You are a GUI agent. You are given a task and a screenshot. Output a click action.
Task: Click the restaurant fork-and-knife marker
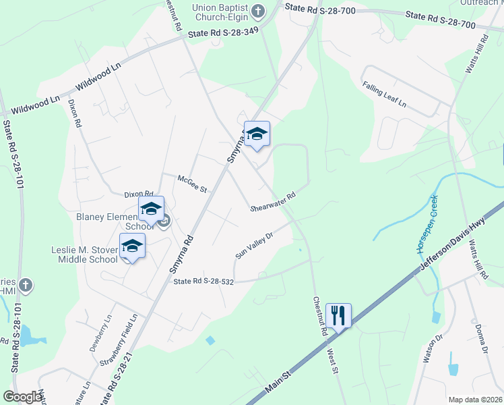pyautogui.click(x=338, y=315)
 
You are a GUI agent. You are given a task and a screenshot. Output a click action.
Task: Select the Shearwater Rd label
pyautogui.click(x=273, y=202)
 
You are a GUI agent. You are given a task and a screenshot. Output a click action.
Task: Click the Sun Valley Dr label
pyautogui.click(x=254, y=245)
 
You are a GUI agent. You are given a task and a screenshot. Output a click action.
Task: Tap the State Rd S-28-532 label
pyautogui.click(x=203, y=281)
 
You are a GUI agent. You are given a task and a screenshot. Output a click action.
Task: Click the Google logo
pyautogui.click(x=22, y=397)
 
